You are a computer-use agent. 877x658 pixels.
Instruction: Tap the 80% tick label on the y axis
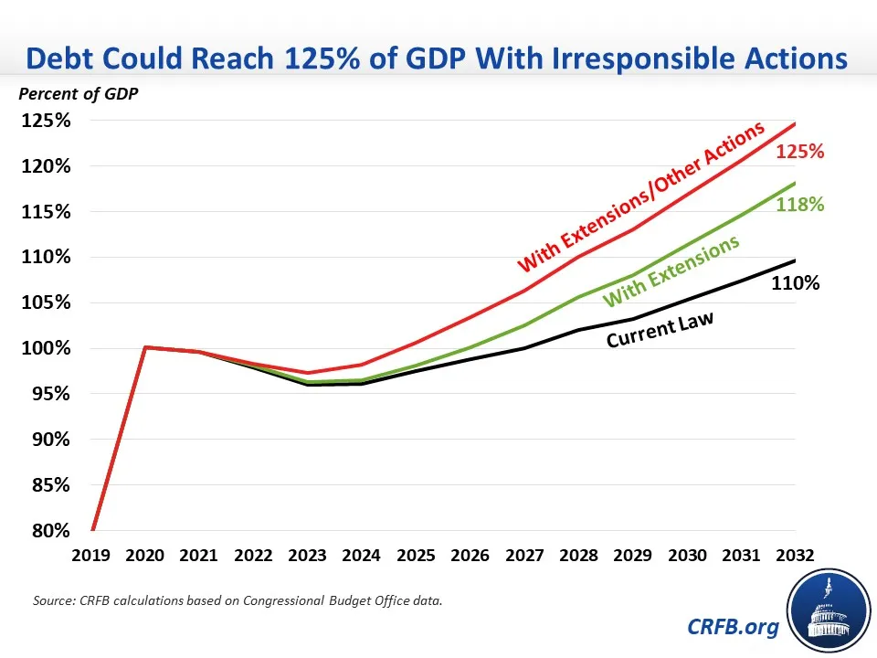51,531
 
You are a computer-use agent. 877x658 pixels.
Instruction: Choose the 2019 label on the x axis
91,555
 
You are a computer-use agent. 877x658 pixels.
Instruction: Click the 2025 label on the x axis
417,555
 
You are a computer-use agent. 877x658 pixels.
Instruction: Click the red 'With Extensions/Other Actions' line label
640,197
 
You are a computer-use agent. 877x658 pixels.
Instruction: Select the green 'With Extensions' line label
671,271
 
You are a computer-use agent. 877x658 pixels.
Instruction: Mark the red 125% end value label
800,153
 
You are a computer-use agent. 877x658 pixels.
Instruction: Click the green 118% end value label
800,205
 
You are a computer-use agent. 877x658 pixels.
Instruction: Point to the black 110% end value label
795,283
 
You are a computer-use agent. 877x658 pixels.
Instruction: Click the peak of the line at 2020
145,347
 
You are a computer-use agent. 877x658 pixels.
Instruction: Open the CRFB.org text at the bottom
734,626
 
